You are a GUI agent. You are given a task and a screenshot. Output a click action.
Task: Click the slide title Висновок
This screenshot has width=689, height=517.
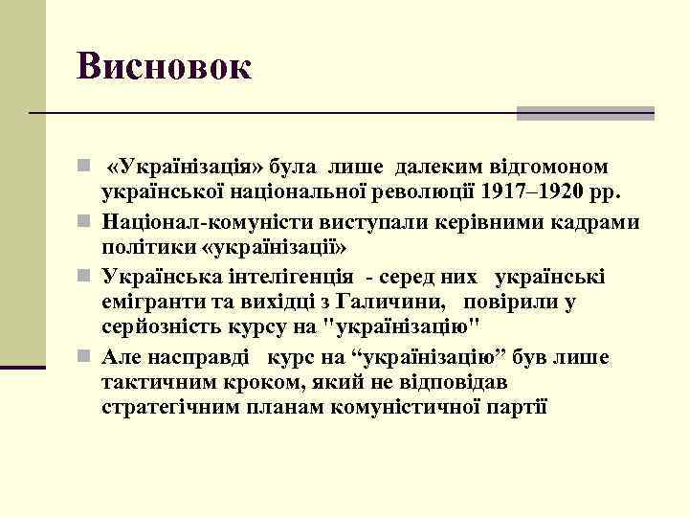coord(165,66)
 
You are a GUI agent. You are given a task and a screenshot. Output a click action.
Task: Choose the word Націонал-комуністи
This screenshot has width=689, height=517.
coord(196,222)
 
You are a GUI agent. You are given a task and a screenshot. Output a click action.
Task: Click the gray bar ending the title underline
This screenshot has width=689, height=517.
coord(585,113)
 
